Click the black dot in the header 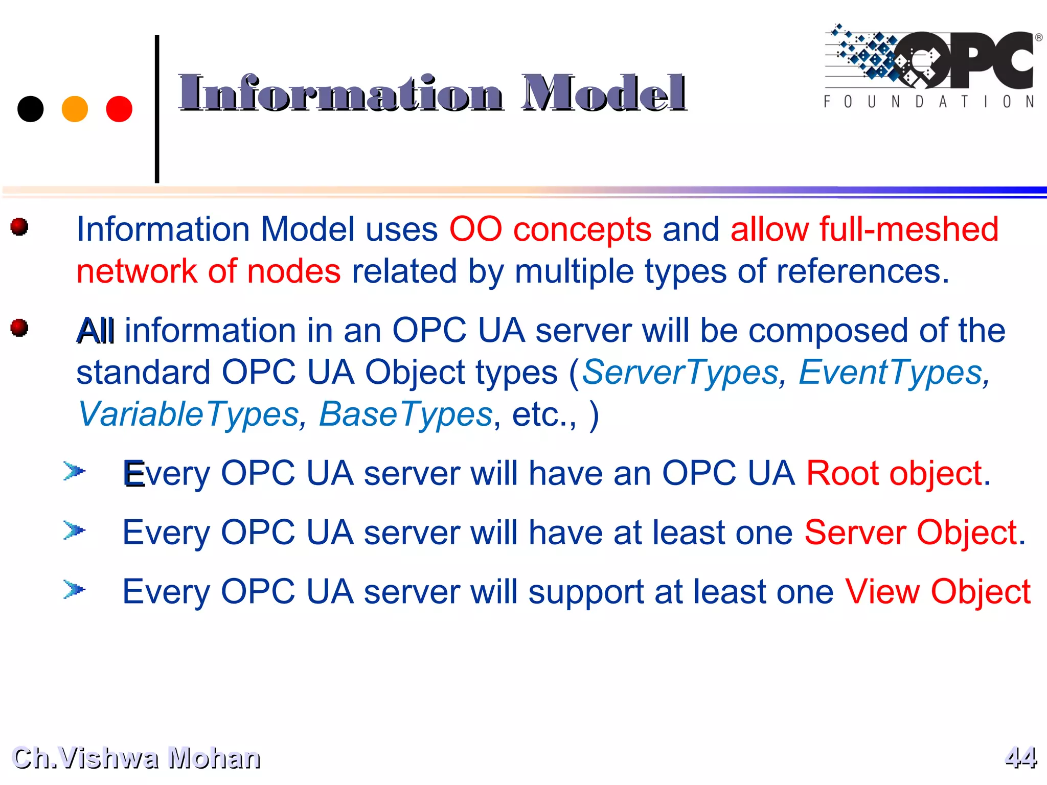(31, 109)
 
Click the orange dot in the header (75, 109)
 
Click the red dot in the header (119, 109)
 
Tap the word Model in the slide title (603, 93)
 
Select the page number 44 (1020, 757)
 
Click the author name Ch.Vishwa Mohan (136, 757)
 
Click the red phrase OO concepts (550, 229)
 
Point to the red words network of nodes (208, 271)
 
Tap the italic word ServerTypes (680, 372)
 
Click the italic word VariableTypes (188, 414)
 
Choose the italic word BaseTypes (405, 414)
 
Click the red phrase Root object (894, 473)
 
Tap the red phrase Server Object (911, 533)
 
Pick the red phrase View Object (937, 592)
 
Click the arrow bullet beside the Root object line (74, 471)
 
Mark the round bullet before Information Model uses (19, 226)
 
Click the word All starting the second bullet (95, 331)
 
